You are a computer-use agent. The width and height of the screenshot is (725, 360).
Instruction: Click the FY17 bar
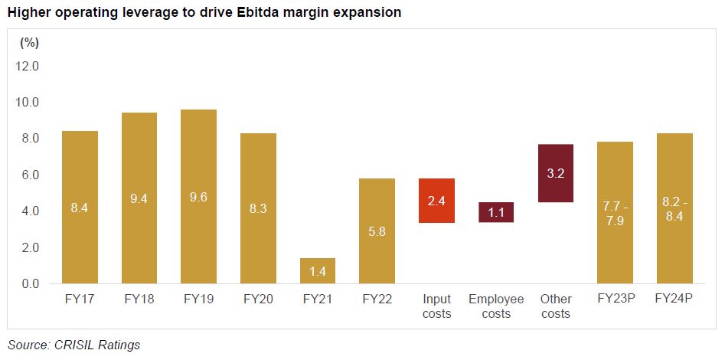(x=80, y=207)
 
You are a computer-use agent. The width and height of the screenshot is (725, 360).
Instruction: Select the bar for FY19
(x=198, y=196)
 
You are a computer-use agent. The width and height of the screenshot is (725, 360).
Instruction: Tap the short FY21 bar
(x=317, y=270)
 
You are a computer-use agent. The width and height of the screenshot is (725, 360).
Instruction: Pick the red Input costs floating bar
(x=436, y=200)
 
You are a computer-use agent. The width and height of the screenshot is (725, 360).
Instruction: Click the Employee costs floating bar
(x=496, y=212)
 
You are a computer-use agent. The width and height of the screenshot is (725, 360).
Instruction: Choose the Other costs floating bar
(x=556, y=173)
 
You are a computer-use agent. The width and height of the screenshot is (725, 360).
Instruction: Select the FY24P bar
(x=674, y=208)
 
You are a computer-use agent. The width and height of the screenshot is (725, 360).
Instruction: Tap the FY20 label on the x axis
(x=258, y=299)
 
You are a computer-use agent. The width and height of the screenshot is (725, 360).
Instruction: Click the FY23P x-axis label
(x=615, y=299)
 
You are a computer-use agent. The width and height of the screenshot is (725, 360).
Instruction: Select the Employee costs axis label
(x=496, y=306)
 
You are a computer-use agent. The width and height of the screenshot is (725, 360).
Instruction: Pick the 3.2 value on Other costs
(x=556, y=174)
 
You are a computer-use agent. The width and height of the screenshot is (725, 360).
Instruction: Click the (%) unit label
(x=29, y=42)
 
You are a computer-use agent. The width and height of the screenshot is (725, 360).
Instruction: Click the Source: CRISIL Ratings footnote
(x=73, y=345)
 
